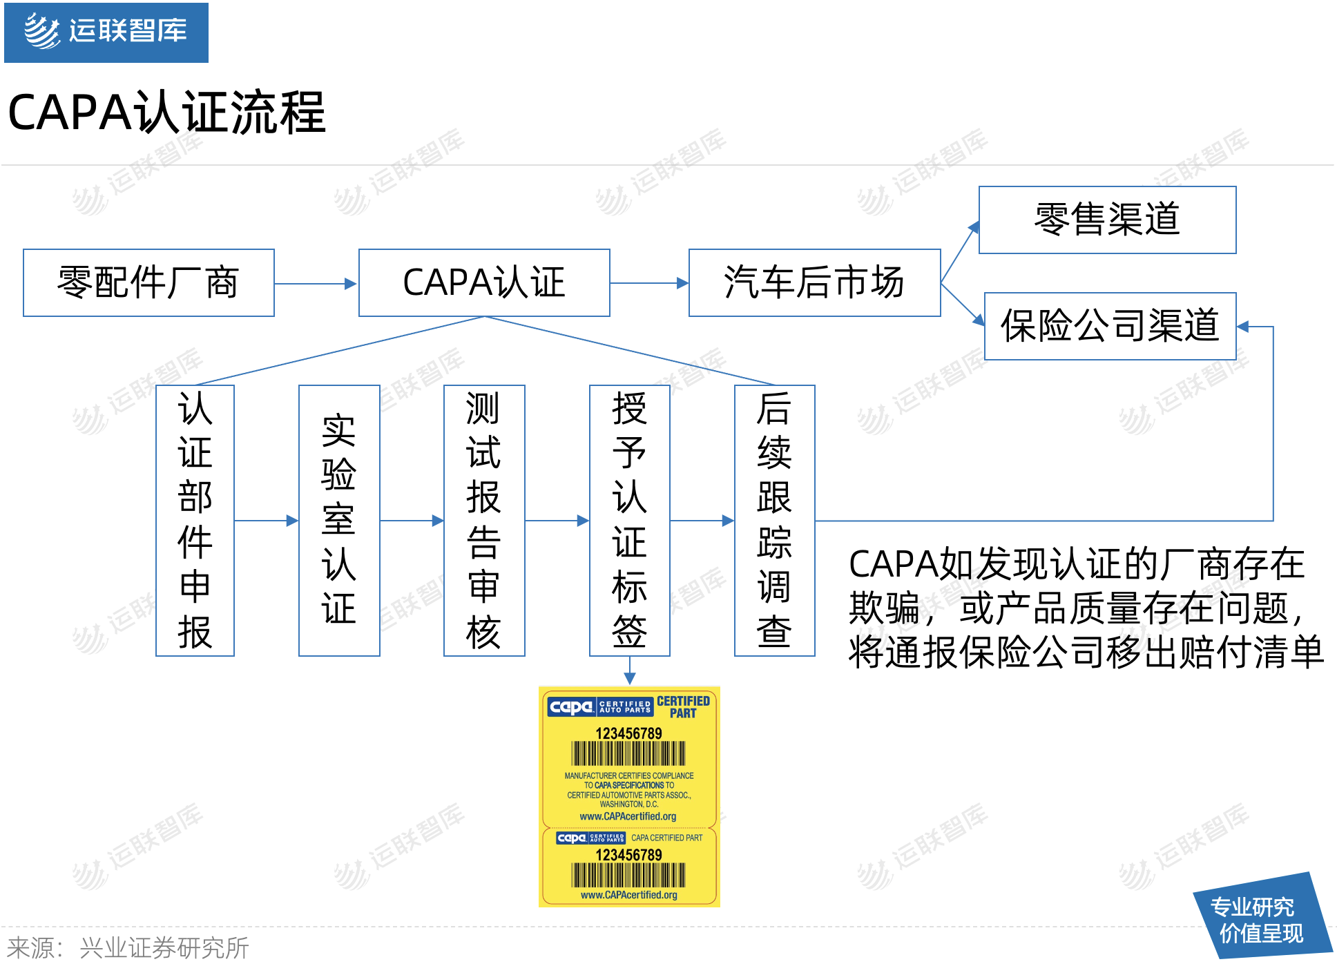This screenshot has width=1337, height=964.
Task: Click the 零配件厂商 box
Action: (x=148, y=283)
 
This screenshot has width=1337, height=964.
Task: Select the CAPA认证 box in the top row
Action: (x=484, y=283)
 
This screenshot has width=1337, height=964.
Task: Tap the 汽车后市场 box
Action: (x=814, y=283)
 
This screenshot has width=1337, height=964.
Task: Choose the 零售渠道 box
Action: (x=1107, y=220)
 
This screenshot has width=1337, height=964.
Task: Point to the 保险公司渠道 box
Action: (x=1110, y=327)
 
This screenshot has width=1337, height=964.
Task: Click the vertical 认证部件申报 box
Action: (x=195, y=521)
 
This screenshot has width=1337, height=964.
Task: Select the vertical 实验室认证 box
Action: (x=339, y=521)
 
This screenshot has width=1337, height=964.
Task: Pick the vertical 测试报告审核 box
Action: (x=484, y=521)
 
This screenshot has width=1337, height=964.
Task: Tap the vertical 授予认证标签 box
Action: (x=629, y=521)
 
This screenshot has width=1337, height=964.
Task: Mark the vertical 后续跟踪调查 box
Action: (x=774, y=521)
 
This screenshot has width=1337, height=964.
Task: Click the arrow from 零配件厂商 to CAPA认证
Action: (x=316, y=284)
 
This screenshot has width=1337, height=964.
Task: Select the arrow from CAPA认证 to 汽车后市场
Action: (x=648, y=283)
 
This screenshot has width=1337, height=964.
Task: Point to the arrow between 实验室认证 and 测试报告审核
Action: (x=412, y=521)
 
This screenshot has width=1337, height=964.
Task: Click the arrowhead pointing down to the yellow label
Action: (x=630, y=678)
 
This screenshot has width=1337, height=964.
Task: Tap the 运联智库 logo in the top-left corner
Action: (x=106, y=32)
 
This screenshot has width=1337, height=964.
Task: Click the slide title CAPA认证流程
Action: (x=166, y=113)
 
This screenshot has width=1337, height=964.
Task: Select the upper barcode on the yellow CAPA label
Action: (x=628, y=753)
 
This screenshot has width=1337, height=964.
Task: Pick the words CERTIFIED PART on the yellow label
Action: (x=683, y=707)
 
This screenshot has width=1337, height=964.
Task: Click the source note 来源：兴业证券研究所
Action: (x=128, y=948)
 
